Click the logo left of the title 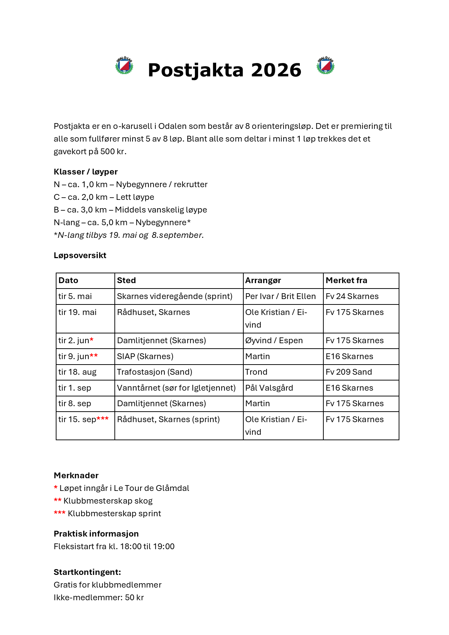pyautogui.click(x=124, y=66)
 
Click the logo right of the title pyautogui.click(x=325, y=66)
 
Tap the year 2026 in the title pyautogui.click(x=276, y=70)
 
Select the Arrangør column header pyautogui.click(x=263, y=281)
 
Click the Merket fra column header pyautogui.click(x=346, y=281)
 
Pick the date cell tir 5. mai pyautogui.click(x=75, y=297)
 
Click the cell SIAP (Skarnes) pyautogui.click(x=145, y=357)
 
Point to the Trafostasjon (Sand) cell pyautogui.click(x=154, y=372)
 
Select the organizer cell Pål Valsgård pyautogui.click(x=269, y=388)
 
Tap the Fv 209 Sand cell pyautogui.click(x=349, y=372)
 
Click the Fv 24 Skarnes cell pyautogui.click(x=352, y=297)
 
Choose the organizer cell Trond pyautogui.click(x=256, y=372)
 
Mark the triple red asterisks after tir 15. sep pyautogui.click(x=102, y=419)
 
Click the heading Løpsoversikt pyautogui.click(x=80, y=256)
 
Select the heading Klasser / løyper pyautogui.click(x=85, y=172)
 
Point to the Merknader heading pyautogui.click(x=76, y=476)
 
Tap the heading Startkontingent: pyautogui.click(x=87, y=572)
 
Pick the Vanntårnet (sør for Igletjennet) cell pyautogui.click(x=176, y=388)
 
